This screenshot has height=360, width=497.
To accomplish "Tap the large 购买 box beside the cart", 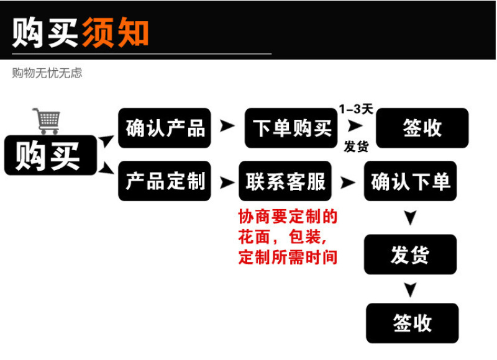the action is [x=50, y=155].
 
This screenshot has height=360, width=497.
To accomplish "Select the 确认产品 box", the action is [x=165, y=128].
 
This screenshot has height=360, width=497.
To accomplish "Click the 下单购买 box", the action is [x=291, y=128].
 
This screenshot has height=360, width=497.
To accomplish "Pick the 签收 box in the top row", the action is [x=422, y=128].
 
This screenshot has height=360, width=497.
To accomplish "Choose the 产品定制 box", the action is [x=165, y=181].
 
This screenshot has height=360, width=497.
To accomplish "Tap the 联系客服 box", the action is [x=285, y=181].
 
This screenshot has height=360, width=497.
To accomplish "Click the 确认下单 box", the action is [x=411, y=181].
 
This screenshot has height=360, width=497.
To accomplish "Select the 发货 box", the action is [x=411, y=254].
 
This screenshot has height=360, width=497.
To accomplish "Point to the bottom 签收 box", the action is [x=413, y=323].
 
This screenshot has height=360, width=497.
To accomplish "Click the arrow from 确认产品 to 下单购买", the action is [x=227, y=126].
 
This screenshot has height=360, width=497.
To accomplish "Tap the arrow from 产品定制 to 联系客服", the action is [x=227, y=182].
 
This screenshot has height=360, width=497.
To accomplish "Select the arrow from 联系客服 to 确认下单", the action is [x=347, y=182].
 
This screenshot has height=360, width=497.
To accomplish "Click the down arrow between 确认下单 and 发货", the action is [x=411, y=217].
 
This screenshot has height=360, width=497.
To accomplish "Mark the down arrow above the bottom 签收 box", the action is [x=411, y=290].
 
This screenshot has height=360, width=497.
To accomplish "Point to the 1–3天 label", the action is [x=356, y=109].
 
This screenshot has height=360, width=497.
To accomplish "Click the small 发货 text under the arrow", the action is [x=356, y=146].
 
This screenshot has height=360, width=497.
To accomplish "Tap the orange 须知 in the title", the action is [x=116, y=32].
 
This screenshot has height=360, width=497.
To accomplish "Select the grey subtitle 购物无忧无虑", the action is [x=47, y=73].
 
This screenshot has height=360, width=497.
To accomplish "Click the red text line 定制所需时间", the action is [x=288, y=257].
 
